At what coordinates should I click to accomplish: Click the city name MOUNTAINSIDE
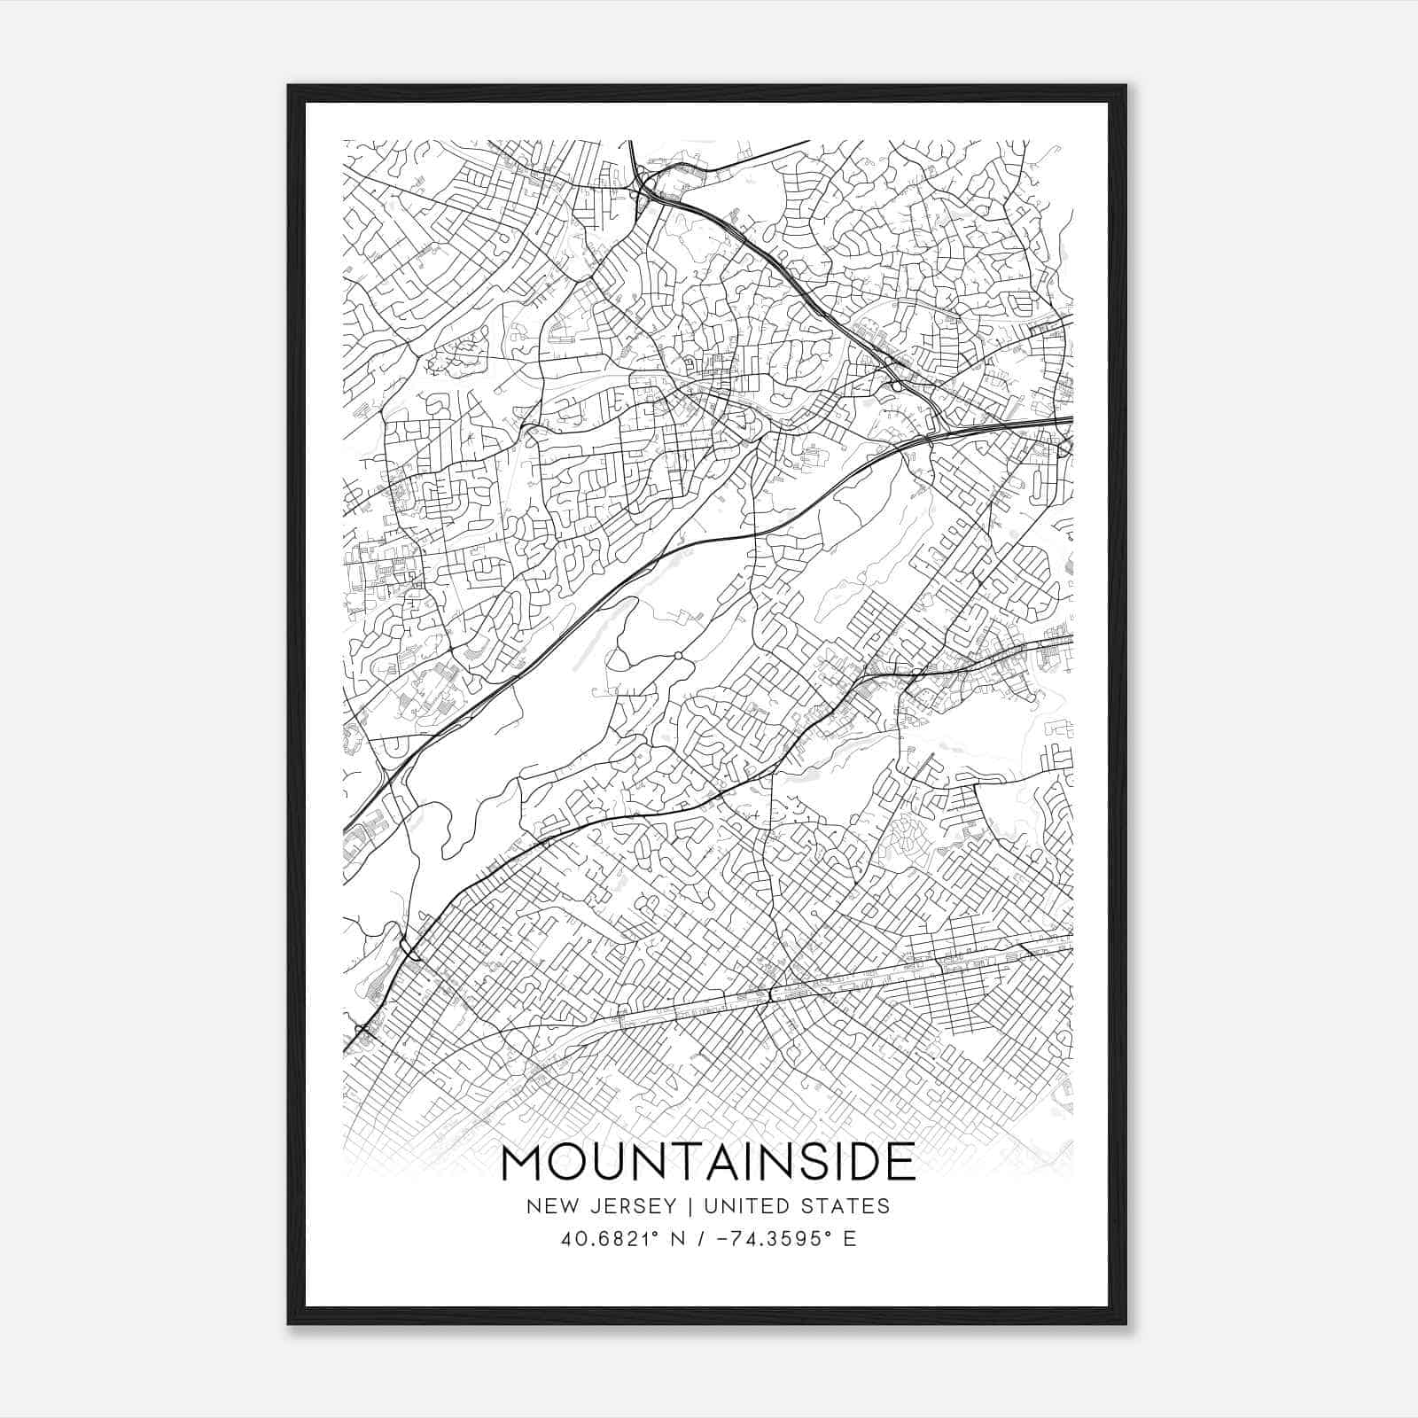[708, 1162]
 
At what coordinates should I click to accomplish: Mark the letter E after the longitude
[850, 1239]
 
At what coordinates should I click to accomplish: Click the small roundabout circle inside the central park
[677, 656]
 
